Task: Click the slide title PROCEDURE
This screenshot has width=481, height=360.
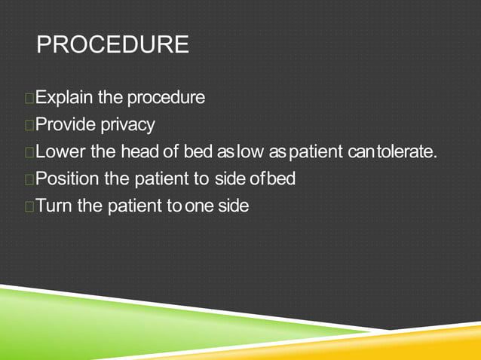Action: pos(112,44)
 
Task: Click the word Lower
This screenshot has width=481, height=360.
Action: pos(60,152)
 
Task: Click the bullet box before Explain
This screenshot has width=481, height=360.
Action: pos(29,99)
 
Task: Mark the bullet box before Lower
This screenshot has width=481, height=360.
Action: pos(29,153)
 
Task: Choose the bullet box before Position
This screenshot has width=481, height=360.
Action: pos(29,180)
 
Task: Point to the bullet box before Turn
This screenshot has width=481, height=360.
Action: pos(29,206)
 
